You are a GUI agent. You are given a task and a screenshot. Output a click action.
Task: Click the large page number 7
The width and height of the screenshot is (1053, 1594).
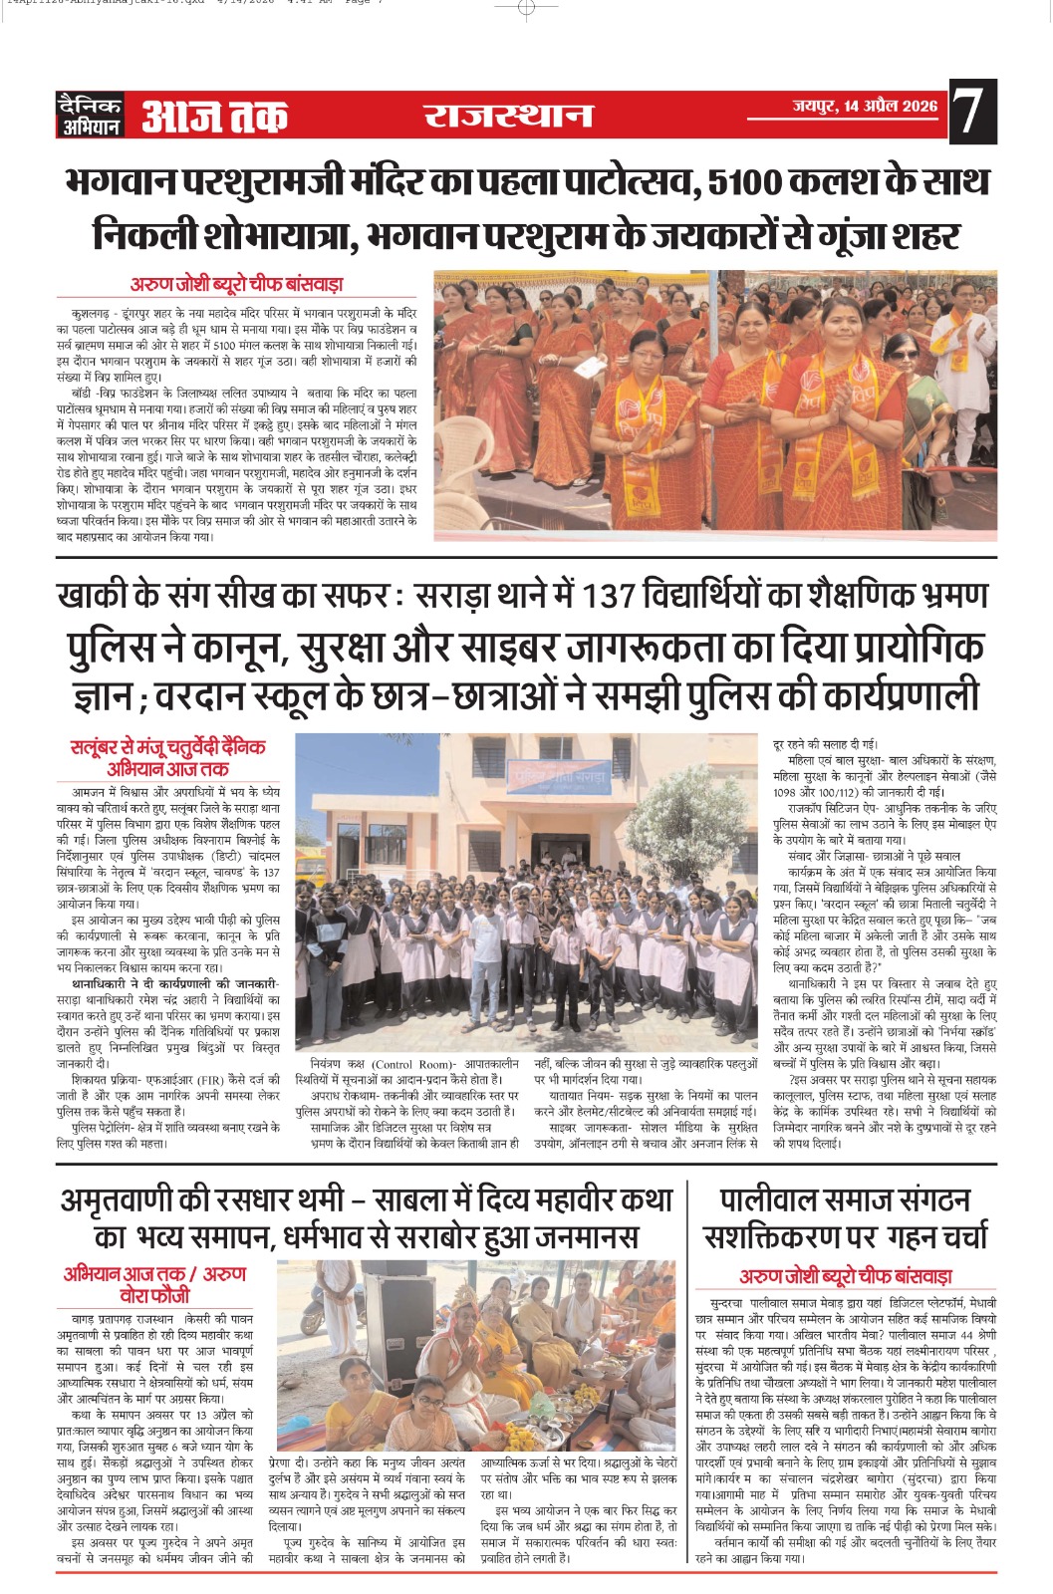(972, 114)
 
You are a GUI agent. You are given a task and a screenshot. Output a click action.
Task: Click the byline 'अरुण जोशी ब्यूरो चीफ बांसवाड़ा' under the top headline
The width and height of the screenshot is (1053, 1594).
(237, 284)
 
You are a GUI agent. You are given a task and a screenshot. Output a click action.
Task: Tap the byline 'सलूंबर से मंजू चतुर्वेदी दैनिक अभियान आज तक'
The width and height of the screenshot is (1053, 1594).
(168, 757)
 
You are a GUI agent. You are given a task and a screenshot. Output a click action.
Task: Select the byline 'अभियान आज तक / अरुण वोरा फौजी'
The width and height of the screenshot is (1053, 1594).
(154, 1284)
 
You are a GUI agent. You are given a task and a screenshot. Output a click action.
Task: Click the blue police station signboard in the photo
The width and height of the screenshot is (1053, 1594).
(557, 775)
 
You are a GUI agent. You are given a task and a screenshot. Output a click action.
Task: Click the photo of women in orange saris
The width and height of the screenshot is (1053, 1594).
(715, 404)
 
